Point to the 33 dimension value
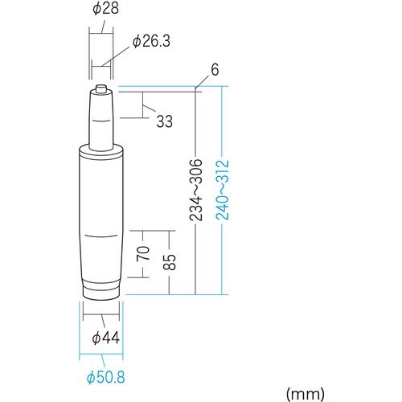[164, 122]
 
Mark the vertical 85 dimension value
[169, 262]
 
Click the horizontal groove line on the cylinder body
[100, 236]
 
